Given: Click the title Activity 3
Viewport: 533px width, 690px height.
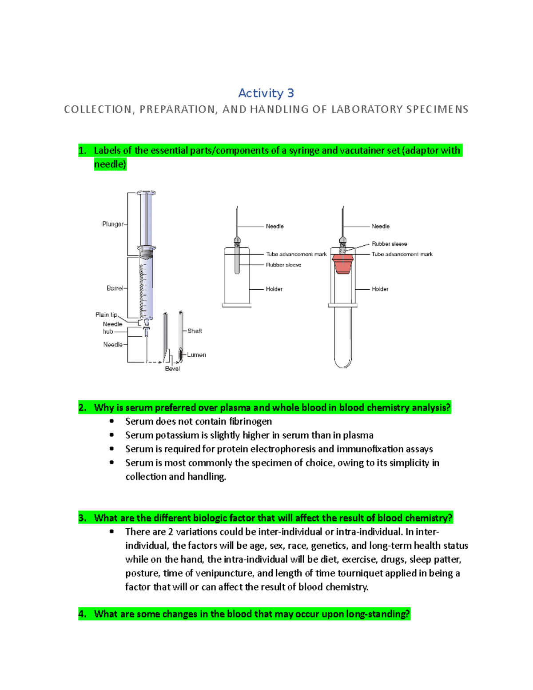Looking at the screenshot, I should (x=266, y=93).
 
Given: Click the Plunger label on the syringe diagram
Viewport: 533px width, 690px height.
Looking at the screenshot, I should (x=113, y=224).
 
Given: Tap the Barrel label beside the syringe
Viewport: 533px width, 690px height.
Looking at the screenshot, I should (x=115, y=288).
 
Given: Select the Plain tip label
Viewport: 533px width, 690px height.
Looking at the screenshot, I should (x=106, y=315).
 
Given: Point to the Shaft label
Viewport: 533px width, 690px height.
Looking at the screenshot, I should (x=195, y=331).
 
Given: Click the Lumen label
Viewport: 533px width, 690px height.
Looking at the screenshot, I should (x=196, y=355).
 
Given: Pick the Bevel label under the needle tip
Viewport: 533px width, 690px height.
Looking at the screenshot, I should (x=172, y=369).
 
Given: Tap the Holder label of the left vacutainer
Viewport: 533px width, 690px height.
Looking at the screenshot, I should (x=274, y=289).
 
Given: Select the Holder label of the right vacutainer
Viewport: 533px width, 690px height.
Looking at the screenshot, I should (x=380, y=289).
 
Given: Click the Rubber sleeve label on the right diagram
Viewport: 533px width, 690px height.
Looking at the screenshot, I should (x=389, y=244).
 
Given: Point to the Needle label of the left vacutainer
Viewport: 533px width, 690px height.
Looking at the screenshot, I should (x=274, y=227).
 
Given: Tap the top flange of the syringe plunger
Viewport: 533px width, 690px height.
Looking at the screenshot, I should (x=146, y=193).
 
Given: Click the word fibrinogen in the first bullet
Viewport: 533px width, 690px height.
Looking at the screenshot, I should (x=250, y=422).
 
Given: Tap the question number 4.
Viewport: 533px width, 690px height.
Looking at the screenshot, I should (x=82, y=614).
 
